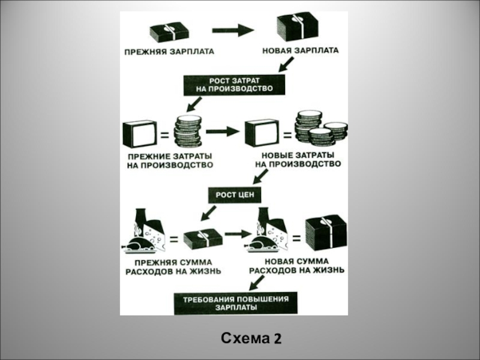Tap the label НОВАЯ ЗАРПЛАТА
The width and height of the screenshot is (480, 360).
click(300, 51)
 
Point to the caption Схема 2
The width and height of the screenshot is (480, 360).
click(251, 339)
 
